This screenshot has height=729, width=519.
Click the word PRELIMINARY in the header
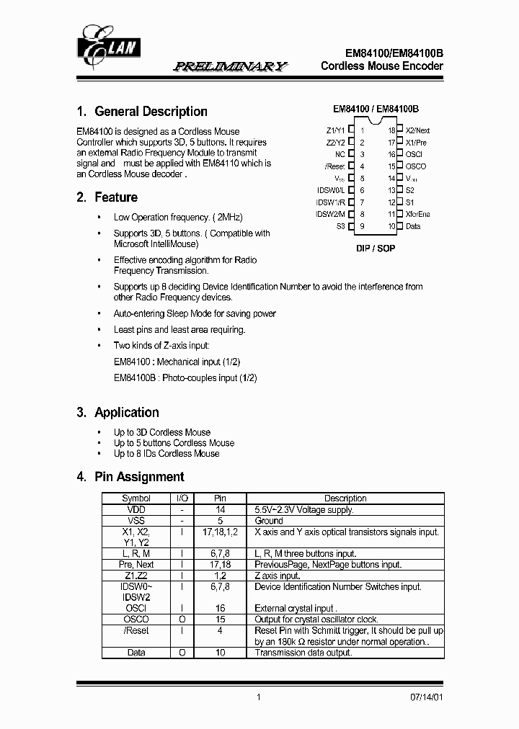(230, 66)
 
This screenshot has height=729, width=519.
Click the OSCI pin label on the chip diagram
(414, 154)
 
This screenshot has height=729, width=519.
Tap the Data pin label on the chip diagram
(413, 226)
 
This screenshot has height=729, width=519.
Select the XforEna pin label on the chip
(419, 214)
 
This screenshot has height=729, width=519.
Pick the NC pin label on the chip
(340, 154)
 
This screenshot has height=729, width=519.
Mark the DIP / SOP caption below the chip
(376, 248)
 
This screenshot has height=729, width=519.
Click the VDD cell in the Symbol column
(136, 509)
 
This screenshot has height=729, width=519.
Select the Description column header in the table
(345, 498)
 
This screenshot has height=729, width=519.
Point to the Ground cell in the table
(269, 520)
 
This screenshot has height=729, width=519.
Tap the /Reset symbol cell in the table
(136, 630)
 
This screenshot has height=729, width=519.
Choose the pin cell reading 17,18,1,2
(221, 532)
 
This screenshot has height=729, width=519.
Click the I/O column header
(182, 498)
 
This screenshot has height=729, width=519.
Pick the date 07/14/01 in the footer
(426, 697)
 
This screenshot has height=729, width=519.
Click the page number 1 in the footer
(258, 697)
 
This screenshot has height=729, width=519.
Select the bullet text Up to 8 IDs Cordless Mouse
(167, 453)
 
